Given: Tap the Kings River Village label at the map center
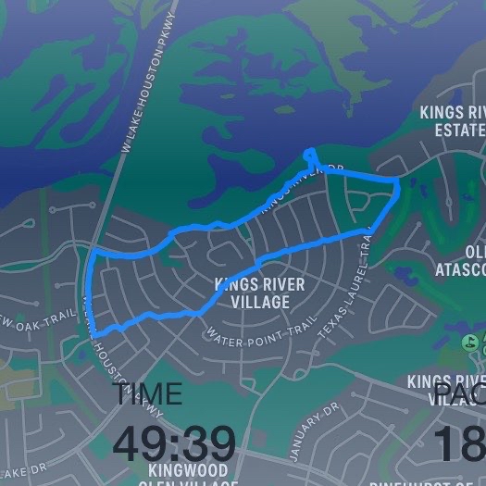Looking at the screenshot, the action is (251, 293).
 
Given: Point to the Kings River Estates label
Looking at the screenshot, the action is (453, 120).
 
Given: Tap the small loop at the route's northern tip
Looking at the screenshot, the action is (311, 156).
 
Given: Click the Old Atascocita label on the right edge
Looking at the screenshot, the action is (461, 260).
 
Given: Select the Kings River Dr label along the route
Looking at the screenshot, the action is (296, 184).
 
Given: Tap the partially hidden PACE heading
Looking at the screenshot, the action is (459, 395).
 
